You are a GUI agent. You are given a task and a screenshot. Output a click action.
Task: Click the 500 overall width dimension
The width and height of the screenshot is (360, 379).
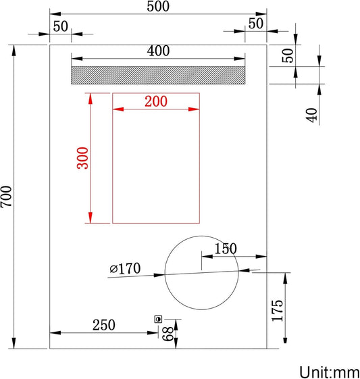pos(157,7)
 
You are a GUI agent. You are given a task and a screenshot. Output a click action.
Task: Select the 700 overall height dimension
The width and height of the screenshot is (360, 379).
pos(7,197)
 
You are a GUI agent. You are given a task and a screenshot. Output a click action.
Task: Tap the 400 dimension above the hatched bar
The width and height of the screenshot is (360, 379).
pos(157,51)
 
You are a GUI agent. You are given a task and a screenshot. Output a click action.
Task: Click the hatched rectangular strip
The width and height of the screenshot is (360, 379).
pos(158,76)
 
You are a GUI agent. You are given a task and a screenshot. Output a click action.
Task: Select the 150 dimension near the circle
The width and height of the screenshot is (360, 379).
pos(226,249)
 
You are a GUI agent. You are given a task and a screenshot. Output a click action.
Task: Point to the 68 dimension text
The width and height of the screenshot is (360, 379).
pos(166,333)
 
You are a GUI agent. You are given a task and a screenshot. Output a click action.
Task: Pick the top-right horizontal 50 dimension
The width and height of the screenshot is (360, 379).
pos(255,23)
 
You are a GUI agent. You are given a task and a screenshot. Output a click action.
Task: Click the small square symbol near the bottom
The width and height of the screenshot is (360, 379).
pos(159,318)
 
